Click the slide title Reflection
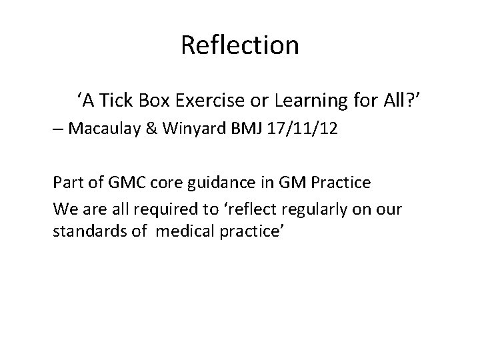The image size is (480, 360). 239,46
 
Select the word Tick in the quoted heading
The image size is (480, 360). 116,101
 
